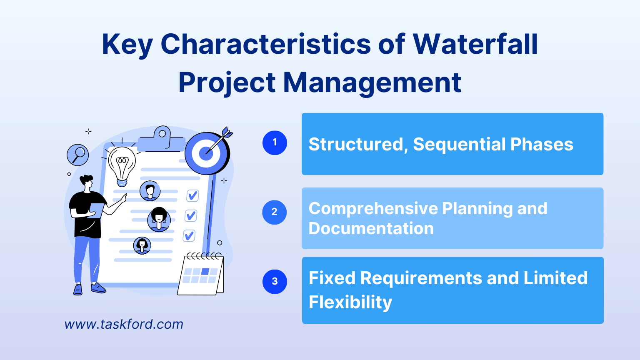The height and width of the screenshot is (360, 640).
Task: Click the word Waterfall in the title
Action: [x=475, y=44]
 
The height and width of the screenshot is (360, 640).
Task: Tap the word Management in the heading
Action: [x=372, y=82]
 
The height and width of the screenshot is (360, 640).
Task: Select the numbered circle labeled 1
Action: [x=275, y=143]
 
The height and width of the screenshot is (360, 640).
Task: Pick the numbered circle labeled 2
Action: [x=275, y=212]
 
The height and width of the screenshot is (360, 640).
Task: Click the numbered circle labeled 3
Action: [x=275, y=282]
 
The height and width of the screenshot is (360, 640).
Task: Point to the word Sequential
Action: [x=459, y=145]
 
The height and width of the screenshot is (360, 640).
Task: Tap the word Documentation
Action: [x=371, y=229]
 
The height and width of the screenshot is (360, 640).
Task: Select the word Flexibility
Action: [x=350, y=302]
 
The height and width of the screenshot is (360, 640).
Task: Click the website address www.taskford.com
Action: [x=124, y=324]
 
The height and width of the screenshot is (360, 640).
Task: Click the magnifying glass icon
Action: [x=78, y=155]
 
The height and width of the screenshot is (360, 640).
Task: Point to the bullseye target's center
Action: [x=206, y=153]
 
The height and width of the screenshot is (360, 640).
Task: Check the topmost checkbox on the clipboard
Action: [x=192, y=195]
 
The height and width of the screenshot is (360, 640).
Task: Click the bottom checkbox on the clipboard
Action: [x=189, y=236]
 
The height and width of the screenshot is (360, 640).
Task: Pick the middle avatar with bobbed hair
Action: [x=159, y=219]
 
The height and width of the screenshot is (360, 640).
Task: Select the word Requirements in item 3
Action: [x=420, y=278]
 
